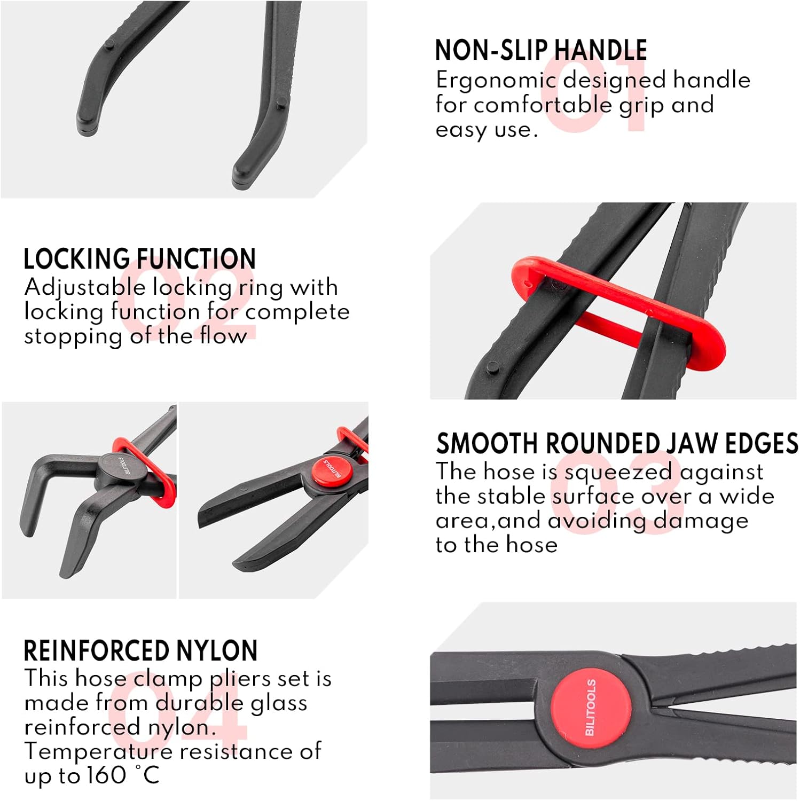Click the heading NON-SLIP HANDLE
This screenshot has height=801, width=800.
pyautogui.click(x=540, y=50)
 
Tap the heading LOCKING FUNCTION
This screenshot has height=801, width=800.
pyautogui.click(x=139, y=259)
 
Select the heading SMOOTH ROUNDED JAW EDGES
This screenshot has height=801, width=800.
pyautogui.click(x=617, y=444)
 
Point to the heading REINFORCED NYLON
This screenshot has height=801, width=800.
pyautogui.click(x=140, y=651)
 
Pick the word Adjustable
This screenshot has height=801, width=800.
pyautogui.click(x=85, y=288)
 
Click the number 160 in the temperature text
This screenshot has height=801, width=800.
pyautogui.click(x=106, y=776)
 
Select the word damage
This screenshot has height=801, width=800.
pyautogui.click(x=701, y=521)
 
